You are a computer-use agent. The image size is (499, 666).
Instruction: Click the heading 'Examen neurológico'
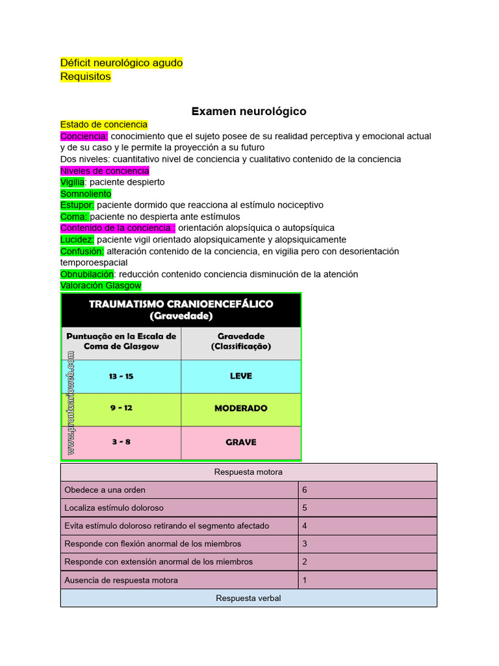[x=249, y=111]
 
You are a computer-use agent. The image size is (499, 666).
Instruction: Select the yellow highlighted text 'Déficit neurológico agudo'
[x=122, y=62]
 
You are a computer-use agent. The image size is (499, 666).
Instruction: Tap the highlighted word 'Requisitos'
[x=86, y=76]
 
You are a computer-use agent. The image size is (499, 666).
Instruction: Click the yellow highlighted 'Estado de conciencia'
[x=104, y=124]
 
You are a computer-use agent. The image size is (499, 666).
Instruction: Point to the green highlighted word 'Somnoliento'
[x=86, y=194]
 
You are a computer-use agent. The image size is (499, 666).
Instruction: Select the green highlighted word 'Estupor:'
[x=77, y=205]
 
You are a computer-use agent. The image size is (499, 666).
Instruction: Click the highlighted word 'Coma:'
[x=74, y=217]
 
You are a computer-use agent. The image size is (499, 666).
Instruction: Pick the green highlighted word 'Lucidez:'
[x=77, y=239]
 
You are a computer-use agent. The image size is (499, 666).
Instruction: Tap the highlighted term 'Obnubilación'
[x=87, y=274]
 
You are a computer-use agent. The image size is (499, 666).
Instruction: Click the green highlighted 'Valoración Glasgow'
[x=101, y=286]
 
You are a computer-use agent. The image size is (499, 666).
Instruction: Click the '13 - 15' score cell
[x=122, y=377]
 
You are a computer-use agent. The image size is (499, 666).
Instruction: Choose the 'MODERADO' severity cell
[x=241, y=408]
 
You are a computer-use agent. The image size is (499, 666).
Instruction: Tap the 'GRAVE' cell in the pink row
[x=241, y=442]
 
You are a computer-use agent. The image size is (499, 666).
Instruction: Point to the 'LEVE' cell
[x=241, y=376]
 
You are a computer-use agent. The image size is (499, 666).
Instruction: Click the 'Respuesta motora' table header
[x=248, y=472]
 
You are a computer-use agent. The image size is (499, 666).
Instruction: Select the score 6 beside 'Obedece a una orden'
[x=305, y=490]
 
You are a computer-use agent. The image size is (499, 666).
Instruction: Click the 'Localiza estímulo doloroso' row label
[x=114, y=507]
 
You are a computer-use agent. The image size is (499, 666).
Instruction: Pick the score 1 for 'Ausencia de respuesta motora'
[x=305, y=579]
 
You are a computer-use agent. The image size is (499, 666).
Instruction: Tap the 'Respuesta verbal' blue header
[x=248, y=598]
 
